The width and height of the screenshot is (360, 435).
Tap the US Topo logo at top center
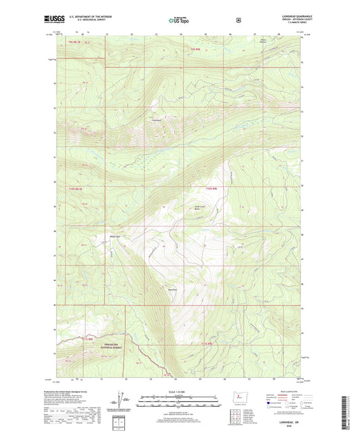pos(178,21)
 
